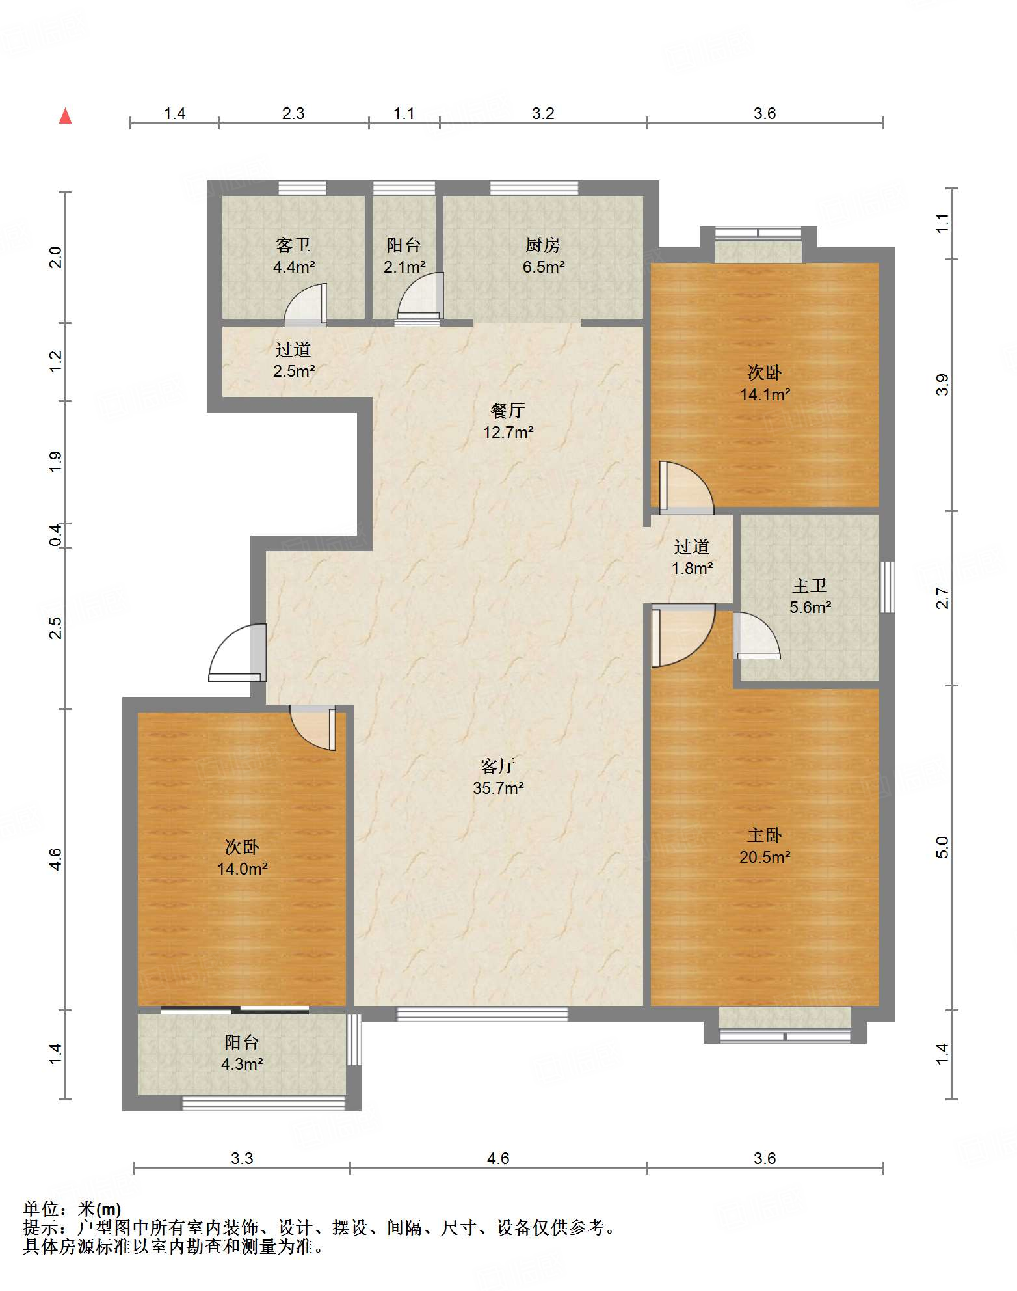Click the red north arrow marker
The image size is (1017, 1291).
point(65,116)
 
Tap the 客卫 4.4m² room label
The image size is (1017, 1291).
point(294,256)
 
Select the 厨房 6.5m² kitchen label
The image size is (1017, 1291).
point(543,256)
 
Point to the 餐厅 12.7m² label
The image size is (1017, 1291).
point(508,421)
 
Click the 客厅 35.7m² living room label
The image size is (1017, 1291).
point(498,777)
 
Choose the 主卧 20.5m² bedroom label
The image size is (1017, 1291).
point(765,846)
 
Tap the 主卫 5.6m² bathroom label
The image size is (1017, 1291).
point(810,596)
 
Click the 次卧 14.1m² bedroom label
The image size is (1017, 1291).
point(765,383)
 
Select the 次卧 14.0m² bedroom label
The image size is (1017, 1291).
point(242,858)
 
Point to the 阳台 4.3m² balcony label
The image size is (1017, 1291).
point(242,1053)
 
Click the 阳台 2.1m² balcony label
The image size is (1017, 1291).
point(404,256)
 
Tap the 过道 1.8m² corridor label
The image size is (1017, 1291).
point(692,557)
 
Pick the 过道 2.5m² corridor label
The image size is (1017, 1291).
point(294,360)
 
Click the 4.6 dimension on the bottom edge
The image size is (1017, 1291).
point(498,1158)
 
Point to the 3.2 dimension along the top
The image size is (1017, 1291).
point(543,113)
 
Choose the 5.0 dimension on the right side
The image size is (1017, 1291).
point(942,847)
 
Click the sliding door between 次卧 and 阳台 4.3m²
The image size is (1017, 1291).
point(235,1010)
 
